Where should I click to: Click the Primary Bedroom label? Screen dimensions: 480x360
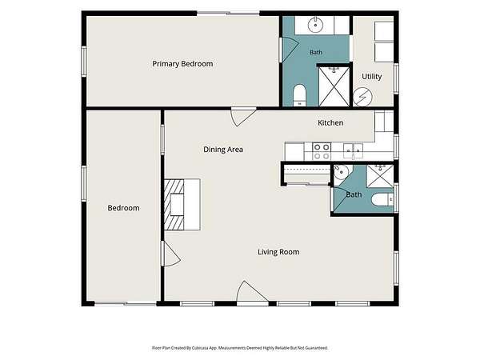click(182, 64)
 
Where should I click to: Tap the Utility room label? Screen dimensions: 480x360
click(372, 77)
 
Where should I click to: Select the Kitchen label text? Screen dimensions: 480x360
click(330, 122)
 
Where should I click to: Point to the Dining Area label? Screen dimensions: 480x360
click(223, 150)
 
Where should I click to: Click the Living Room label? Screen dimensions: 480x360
click(278, 252)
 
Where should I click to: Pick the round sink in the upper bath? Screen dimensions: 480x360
click(315, 25)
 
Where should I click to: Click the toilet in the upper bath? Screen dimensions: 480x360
click(300, 95)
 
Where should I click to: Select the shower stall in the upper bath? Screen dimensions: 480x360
click(334, 86)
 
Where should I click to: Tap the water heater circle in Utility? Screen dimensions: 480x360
click(362, 98)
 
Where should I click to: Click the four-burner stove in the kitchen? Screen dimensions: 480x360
click(322, 151)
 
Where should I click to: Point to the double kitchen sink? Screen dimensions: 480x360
click(353, 150)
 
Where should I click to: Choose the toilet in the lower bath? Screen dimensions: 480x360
click(382, 200)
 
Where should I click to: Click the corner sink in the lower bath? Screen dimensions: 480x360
click(341, 173)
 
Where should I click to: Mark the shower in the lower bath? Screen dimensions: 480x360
click(380, 176)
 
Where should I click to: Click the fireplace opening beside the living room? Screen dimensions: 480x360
click(177, 205)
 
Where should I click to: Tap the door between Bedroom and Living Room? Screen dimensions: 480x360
click(172, 254)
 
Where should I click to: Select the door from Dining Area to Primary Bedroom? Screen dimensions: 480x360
click(243, 117)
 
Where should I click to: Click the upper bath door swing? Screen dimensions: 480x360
click(290, 50)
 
